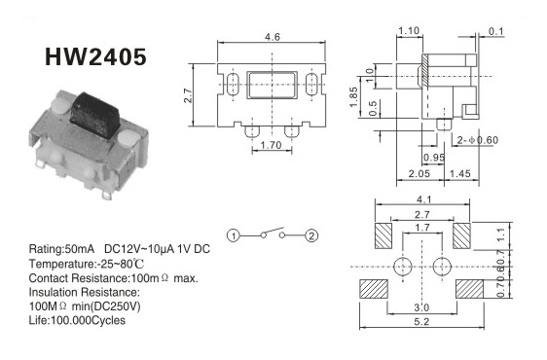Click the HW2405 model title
click(95, 56)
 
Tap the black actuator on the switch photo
click(94, 114)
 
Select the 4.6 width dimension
click(273, 37)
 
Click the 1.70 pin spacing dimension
click(271, 145)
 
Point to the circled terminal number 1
click(234, 235)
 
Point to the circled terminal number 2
click(311, 235)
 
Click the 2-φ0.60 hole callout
click(478, 140)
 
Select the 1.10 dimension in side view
click(409, 31)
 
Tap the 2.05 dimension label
click(419, 173)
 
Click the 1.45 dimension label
click(460, 173)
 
